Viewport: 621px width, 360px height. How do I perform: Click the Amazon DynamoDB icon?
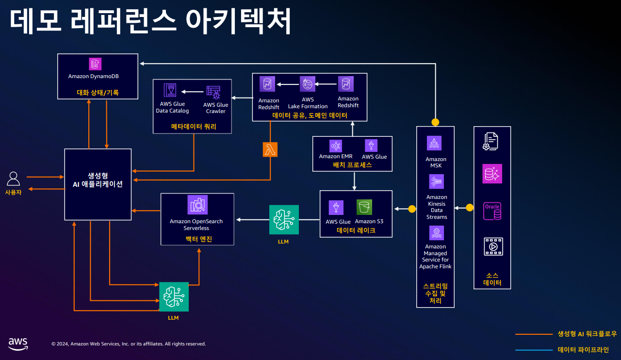pos(95,64)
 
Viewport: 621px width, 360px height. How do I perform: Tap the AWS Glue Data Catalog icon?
pos(170,91)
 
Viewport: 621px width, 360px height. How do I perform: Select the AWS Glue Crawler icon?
pos(213,92)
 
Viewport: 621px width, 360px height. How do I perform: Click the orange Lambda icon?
pos(270,149)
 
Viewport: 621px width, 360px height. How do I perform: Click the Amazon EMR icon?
pos(336,146)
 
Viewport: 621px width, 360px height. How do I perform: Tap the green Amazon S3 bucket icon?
pos(364,207)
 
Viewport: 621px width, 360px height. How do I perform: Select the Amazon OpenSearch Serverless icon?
pos(197,205)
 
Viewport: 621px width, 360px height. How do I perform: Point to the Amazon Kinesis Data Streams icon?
pos(436,181)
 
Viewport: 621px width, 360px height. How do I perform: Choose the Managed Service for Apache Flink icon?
pos(436,232)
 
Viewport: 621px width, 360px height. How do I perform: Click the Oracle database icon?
pos(492,211)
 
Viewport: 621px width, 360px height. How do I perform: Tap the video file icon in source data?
pos(493,246)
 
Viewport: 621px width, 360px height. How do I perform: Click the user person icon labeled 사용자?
pos(13,179)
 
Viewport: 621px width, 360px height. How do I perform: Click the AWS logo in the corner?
pos(18,344)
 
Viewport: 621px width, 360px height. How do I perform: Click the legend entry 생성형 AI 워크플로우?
pos(587,334)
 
